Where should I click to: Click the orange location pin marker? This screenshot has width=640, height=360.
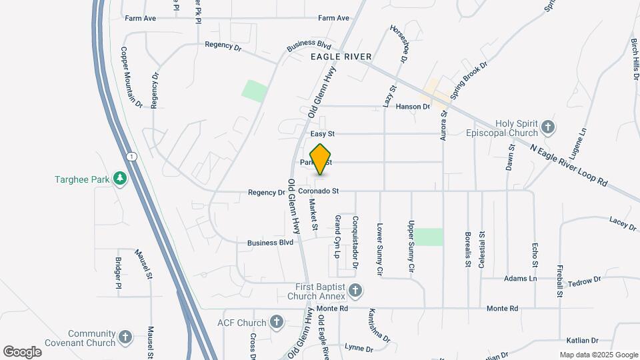pos(321,159)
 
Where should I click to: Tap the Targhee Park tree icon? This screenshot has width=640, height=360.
pos(119,179)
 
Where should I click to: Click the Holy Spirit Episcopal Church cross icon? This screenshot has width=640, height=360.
pos(548,127)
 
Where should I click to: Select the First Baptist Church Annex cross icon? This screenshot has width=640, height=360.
pos(355,291)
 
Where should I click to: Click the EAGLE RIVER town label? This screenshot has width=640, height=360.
pos(341,57)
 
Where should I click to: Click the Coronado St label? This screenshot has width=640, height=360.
pos(319,192)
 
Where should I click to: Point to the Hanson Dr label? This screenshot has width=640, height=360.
pos(413,107)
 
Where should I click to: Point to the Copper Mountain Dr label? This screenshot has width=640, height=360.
pos(131,77)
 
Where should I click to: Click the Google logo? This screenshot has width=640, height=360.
pos(22,351)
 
